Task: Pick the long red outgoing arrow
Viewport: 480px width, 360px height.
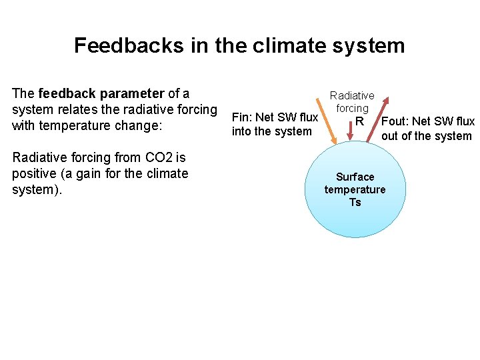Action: point(379,120)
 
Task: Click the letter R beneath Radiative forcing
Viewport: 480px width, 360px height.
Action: point(360,121)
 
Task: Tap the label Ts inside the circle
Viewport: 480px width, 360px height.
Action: point(355,202)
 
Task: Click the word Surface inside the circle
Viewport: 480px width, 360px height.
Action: point(355,177)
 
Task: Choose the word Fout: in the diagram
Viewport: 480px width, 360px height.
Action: point(395,121)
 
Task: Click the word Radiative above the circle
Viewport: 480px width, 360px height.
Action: point(352,96)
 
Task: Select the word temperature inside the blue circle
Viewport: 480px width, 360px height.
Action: point(355,189)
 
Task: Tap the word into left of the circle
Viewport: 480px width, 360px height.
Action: point(241,131)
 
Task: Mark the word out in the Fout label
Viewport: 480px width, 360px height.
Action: point(389,136)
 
